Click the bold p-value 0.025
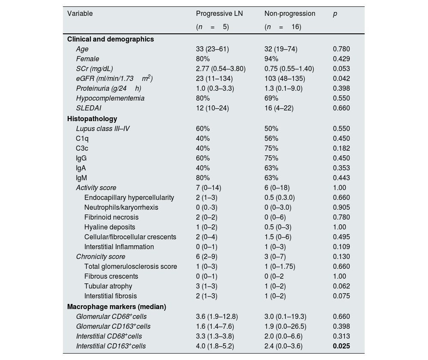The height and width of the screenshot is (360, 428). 341,346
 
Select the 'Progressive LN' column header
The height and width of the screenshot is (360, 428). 219,13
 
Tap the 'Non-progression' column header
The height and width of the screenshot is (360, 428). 290,13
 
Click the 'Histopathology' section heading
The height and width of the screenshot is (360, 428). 92,119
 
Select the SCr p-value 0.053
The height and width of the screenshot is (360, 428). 341,68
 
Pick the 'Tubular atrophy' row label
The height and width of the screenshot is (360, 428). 108,286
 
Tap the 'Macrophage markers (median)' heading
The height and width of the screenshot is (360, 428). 116,306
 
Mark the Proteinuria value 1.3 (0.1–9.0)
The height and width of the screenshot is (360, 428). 283,88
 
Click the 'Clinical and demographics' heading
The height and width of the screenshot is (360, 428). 110,39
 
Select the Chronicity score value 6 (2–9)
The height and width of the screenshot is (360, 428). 209,256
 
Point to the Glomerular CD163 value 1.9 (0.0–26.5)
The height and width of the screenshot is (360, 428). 285,326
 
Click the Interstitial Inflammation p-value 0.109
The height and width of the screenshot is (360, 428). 341,247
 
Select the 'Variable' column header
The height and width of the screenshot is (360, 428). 80,13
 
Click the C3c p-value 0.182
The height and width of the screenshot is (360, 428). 341,148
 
